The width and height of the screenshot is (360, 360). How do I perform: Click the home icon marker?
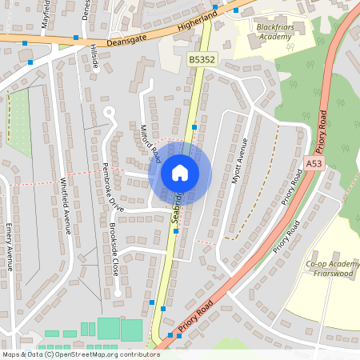coord(180,173)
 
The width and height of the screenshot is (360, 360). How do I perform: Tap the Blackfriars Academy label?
coord(263,31)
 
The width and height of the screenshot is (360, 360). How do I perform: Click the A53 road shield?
coord(314,163)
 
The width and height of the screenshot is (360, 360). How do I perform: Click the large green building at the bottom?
coord(109,328)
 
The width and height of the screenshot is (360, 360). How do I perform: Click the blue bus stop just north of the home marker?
coord(194,127)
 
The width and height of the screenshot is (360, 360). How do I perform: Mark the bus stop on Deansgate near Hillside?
coord(76,38)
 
